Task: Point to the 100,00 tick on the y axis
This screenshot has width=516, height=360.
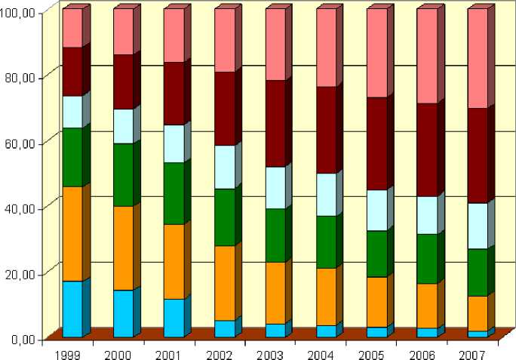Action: point(22,12)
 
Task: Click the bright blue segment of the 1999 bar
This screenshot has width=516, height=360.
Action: point(72,309)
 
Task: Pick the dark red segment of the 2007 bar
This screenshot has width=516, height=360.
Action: point(478,155)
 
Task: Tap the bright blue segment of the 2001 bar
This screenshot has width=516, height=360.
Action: point(174,318)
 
